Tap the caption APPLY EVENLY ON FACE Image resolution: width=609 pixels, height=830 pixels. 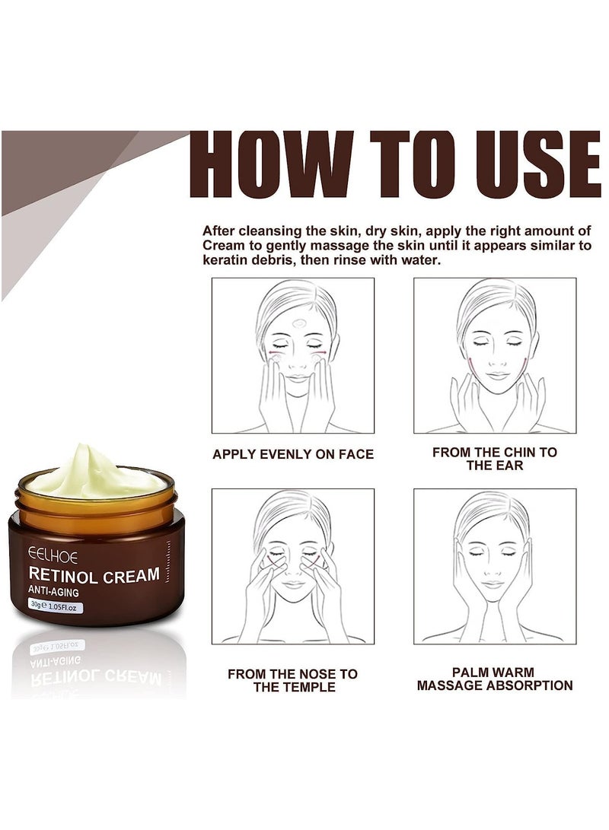pos(293,454)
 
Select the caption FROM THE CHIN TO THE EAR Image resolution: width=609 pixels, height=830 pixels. pos(495,458)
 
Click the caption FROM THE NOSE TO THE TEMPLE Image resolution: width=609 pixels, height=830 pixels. pos(293,680)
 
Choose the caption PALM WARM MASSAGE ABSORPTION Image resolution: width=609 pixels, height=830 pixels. pos(495,679)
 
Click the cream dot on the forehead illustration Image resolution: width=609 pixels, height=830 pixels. pos(298,323)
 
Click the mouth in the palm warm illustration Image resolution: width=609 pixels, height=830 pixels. pos(493,584)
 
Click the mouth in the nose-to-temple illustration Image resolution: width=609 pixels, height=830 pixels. pos(292,585)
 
